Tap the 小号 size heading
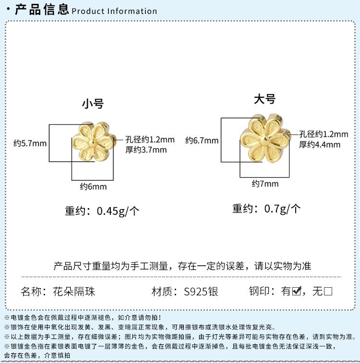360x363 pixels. [x=93, y=103]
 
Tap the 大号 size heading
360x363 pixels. [x=265, y=99]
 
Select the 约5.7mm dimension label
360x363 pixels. [x=30, y=143]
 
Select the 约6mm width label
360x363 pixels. [x=93, y=187]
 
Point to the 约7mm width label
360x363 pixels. [x=265, y=184]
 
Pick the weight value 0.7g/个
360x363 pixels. [x=283, y=209]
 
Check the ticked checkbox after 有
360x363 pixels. [x=297, y=291]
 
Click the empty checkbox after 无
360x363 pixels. [x=328, y=291]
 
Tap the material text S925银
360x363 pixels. [x=195, y=291]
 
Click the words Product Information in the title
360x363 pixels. [x=114, y=11]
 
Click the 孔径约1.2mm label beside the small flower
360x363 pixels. [x=150, y=140]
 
